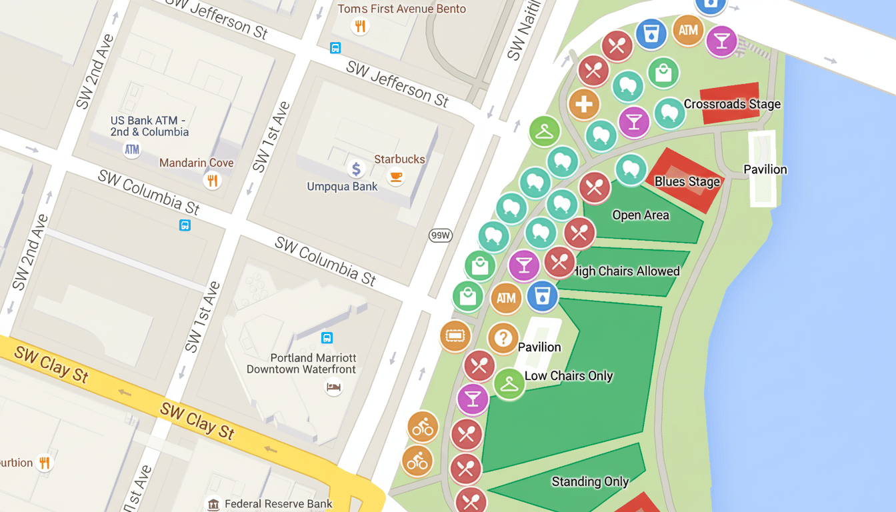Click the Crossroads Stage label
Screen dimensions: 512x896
tap(732, 104)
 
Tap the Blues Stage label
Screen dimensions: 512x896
tap(687, 181)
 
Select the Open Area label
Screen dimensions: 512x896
tap(640, 215)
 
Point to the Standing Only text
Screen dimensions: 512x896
tap(590, 481)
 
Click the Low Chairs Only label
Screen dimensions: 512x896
tap(568, 375)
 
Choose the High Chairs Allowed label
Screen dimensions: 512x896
tap(627, 271)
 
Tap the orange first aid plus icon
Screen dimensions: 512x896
tap(584, 105)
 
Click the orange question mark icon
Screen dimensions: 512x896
tap(503, 338)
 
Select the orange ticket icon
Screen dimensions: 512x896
tap(455, 335)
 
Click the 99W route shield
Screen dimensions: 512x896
tap(440, 235)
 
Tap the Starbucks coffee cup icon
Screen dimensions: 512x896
tap(396, 177)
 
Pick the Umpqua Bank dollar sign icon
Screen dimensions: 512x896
tap(356, 169)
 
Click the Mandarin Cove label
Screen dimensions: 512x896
tap(196, 163)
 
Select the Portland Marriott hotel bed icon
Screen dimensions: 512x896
tap(333, 387)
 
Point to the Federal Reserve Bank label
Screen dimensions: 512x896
tap(279, 504)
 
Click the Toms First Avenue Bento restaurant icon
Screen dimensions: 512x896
tap(360, 26)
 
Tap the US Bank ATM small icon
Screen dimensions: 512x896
tap(132, 149)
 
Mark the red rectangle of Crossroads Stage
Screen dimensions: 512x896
tap(730, 104)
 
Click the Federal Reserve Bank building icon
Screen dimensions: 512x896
tap(213, 504)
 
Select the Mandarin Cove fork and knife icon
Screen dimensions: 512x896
tap(212, 180)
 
